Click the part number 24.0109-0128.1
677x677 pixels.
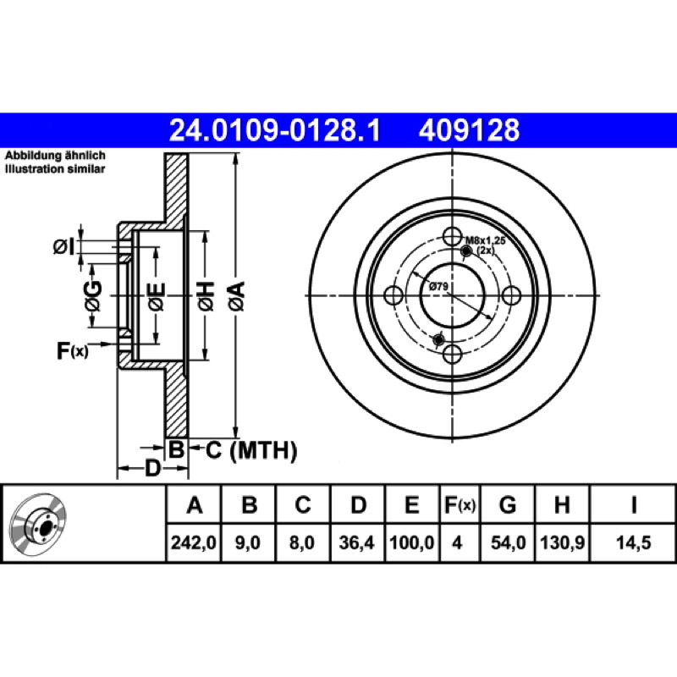tap(274, 130)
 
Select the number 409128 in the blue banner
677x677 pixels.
tap(469, 130)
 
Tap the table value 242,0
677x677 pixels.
tap(194, 542)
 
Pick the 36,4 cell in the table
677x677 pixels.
tap(356, 542)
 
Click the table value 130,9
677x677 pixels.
tap(562, 542)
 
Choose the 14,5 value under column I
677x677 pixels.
tap(633, 542)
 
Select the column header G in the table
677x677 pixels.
tap(508, 504)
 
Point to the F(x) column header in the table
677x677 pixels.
tap(460, 504)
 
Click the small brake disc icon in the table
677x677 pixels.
tap(38, 523)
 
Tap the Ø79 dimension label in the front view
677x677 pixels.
tap(438, 286)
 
